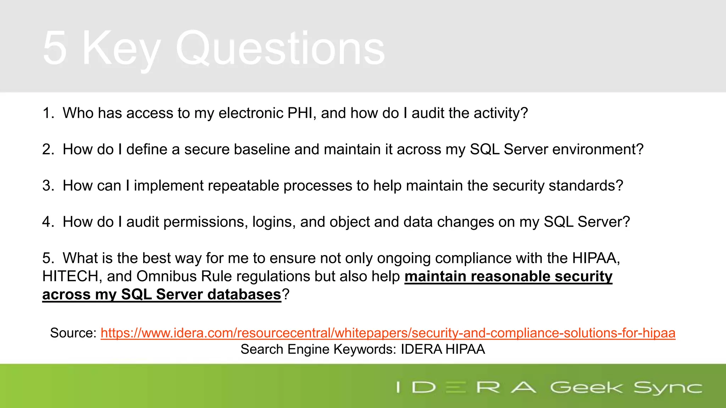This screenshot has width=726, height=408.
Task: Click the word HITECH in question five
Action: [70, 276]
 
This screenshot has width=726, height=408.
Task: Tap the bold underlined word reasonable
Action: [510, 276]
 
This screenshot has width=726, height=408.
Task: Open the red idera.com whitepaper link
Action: [388, 333]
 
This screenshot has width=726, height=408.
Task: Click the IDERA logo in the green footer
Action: [466, 387]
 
